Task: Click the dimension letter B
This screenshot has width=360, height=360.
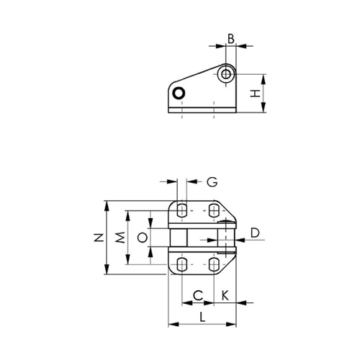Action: click(231, 39)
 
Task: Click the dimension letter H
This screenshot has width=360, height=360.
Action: click(256, 93)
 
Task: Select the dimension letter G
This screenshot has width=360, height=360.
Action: click(212, 182)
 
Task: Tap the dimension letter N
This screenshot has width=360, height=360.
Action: click(99, 238)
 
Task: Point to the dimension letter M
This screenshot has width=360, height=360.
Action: click(120, 238)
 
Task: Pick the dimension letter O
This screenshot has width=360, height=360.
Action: click(142, 238)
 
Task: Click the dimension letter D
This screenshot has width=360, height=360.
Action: click(255, 233)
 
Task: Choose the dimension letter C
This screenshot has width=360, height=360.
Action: click(198, 296)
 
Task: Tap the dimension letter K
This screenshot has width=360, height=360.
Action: click(225, 295)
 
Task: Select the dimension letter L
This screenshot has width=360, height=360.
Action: click(202, 317)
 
